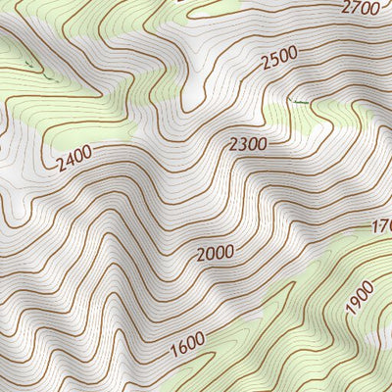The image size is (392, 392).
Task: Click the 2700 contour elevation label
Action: coord(361,8)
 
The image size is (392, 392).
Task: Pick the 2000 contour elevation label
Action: coord(215,254)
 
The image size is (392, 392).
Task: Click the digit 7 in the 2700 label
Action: coord(356,9)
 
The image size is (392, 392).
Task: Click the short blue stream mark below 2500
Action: coord(299,100)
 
